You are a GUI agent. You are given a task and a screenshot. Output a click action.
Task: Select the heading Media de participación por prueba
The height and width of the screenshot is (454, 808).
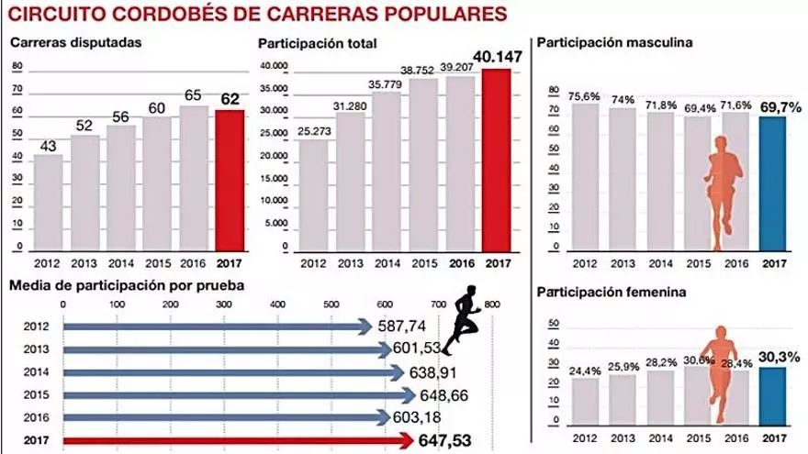point(126,286)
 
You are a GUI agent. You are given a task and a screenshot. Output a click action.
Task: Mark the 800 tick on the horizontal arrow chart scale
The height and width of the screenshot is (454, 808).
point(491,303)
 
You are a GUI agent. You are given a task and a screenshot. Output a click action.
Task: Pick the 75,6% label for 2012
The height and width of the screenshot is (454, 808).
point(585,94)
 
